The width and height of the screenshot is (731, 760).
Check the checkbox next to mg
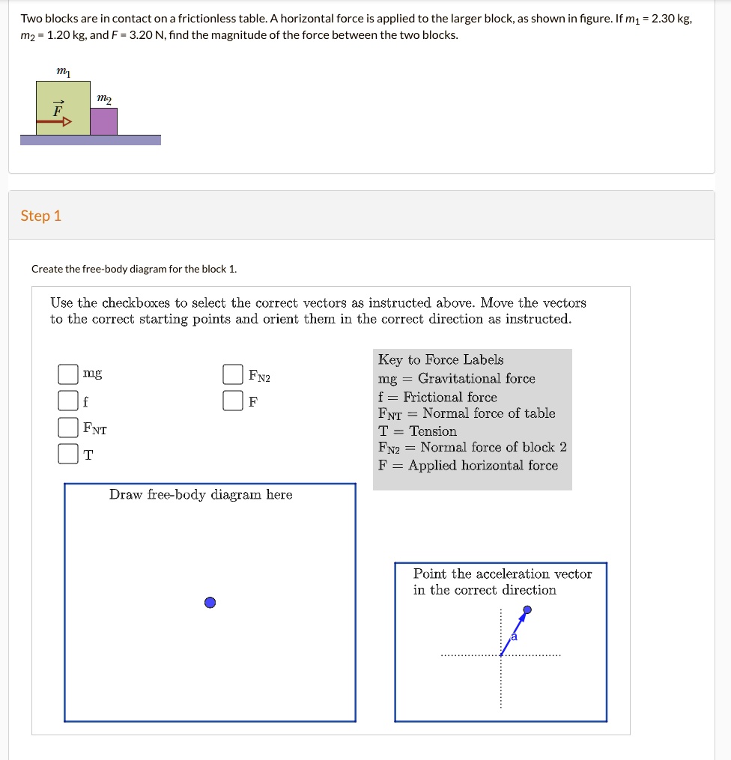(68, 373)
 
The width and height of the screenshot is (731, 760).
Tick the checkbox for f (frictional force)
(68, 401)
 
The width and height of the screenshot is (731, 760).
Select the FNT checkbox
(68, 428)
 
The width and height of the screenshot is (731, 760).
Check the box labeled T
(68, 455)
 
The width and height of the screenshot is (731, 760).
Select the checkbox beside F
(233, 401)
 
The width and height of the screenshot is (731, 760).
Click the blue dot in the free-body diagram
(210, 603)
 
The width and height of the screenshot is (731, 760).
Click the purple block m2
(103, 121)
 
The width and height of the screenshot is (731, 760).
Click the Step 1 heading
(41, 216)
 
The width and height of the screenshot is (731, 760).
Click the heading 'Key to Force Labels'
(440, 359)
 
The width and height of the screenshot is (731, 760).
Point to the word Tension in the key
(433, 431)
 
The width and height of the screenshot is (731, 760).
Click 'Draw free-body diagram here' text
(201, 494)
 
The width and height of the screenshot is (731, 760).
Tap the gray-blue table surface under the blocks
(90, 140)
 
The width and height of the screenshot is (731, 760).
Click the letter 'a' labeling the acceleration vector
(514, 636)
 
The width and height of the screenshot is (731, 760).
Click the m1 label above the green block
(63, 70)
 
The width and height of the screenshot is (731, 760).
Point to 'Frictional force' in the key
(449, 397)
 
